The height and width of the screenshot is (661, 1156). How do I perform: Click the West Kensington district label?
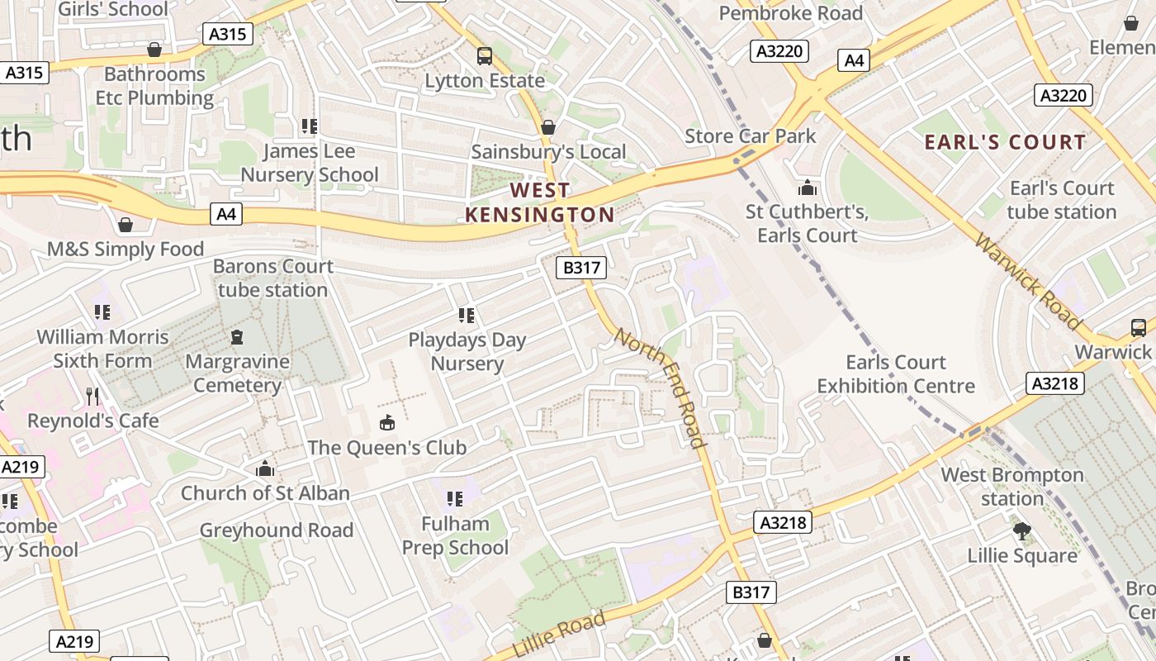[539, 202]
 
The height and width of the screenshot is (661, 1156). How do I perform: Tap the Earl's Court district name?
[1005, 142]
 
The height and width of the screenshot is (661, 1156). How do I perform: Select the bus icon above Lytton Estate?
[485, 56]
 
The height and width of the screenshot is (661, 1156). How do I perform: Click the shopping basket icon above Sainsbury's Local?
[547, 127]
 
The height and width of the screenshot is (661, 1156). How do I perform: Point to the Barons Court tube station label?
[272, 278]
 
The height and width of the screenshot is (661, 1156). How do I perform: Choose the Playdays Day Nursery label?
[467, 352]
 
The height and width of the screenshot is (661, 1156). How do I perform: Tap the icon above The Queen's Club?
[386, 423]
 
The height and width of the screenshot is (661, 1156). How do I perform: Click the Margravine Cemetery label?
[237, 373]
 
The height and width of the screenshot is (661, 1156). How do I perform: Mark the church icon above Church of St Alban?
[265, 468]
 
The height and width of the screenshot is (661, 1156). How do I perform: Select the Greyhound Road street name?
[277, 530]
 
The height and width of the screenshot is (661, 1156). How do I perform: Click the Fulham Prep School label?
[455, 535]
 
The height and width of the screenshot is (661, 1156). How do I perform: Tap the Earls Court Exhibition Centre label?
[896, 374]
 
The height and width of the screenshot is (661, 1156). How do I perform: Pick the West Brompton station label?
[1012, 487]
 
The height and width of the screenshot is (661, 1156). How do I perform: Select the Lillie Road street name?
[559, 634]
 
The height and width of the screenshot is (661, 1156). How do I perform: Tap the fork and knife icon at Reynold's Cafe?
[92, 397]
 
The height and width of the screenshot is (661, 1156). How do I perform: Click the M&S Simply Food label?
[126, 250]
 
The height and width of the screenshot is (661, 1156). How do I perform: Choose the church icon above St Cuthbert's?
[807, 188]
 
